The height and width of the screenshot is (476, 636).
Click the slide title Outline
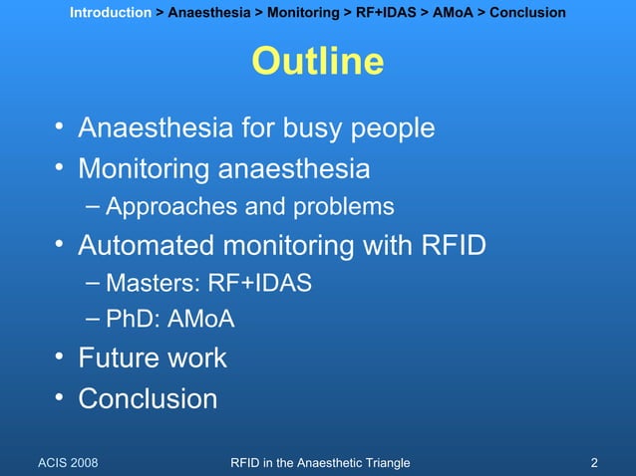[318, 62]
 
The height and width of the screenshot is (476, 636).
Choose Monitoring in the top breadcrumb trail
[302, 13]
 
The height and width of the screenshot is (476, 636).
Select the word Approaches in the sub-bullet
[165, 207]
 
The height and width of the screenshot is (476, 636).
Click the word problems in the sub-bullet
[343, 207]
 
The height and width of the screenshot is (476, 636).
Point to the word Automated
[150, 245]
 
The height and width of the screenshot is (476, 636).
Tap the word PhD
[128, 321]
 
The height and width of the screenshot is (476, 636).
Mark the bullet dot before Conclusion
[61, 398]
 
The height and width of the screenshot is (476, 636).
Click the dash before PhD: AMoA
[93, 320]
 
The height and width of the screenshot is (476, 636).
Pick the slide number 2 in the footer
[594, 462]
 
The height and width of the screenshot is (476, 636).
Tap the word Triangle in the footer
[383, 462]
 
